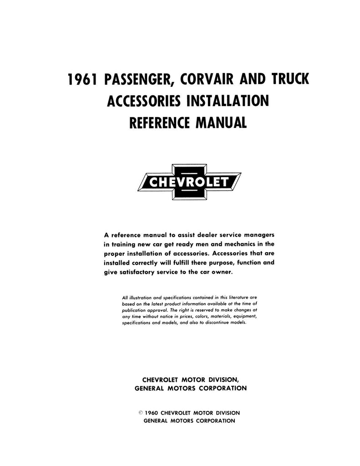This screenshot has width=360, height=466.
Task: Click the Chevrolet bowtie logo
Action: tap(189, 182)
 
